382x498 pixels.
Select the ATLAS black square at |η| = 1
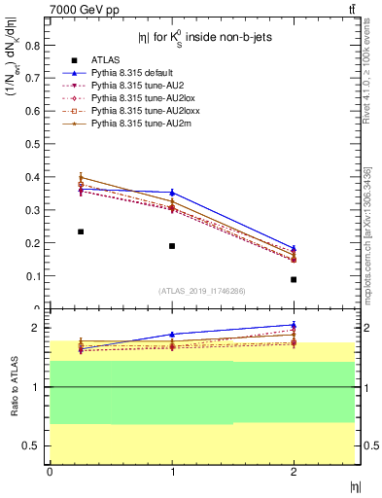[172, 245]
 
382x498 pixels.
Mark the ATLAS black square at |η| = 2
[294, 279]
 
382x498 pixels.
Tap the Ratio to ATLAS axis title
[12, 387]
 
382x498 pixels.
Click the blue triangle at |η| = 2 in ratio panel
[294, 325]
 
